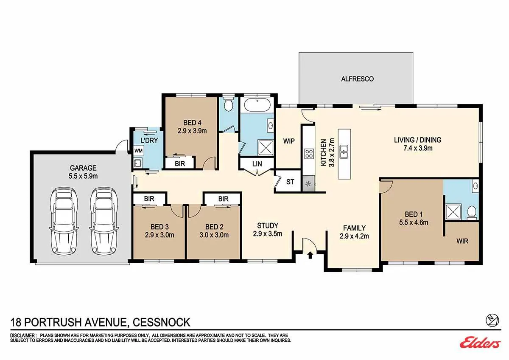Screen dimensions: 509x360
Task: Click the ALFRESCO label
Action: click(358, 79)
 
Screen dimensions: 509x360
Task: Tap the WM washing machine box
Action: click(138, 151)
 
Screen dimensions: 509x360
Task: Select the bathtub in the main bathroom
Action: click(257, 105)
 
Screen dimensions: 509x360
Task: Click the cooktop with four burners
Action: click(309, 153)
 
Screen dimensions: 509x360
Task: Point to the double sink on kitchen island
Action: click(344, 152)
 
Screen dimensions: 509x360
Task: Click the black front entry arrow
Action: click(310, 255)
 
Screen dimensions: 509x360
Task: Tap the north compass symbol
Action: click(492, 321)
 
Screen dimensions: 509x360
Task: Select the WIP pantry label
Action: click(289, 141)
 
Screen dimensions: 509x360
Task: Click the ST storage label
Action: click(290, 182)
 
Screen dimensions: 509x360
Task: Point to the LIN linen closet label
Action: click(257, 164)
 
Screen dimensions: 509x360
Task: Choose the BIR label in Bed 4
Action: click(180, 163)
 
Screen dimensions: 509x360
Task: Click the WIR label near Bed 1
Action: click(462, 241)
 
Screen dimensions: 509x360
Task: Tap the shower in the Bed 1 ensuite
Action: click(453, 212)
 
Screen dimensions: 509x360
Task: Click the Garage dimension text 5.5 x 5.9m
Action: click(83, 176)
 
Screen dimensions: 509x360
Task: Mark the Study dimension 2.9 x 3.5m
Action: click(268, 233)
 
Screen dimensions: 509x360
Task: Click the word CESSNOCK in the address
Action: click(161, 322)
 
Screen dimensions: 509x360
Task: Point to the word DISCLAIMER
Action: click(23, 335)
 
